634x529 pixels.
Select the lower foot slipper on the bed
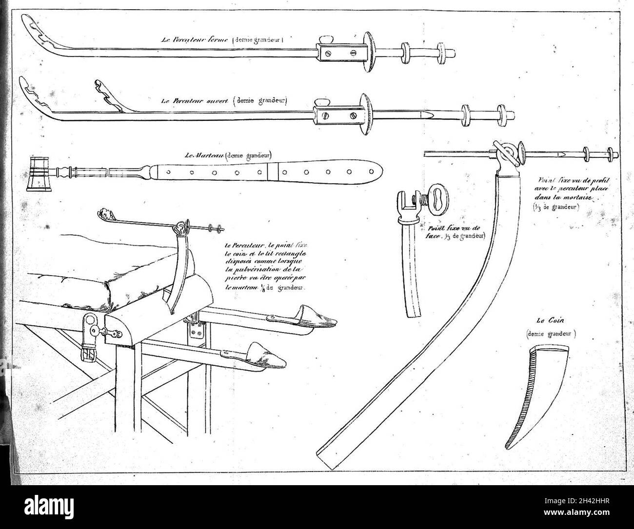coord(266,353)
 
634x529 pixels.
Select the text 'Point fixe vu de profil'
coord(564,180)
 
